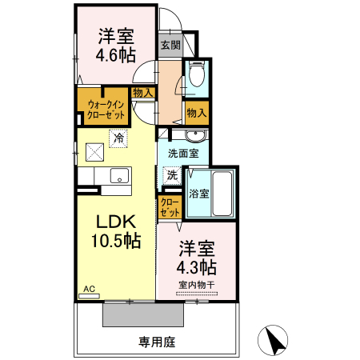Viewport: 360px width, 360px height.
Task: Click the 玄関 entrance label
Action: click(170, 46)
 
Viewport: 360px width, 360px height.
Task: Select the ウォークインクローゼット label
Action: click(100, 108)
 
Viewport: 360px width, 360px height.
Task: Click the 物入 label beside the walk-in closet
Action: click(143, 94)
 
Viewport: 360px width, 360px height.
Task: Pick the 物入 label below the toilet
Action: click(197, 112)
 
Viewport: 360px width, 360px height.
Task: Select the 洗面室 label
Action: click(183, 152)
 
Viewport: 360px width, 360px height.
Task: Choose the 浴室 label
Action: click(198, 193)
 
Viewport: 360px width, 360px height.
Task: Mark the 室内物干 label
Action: click(197, 284)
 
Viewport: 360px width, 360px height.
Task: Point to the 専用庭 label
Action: click(157, 342)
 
